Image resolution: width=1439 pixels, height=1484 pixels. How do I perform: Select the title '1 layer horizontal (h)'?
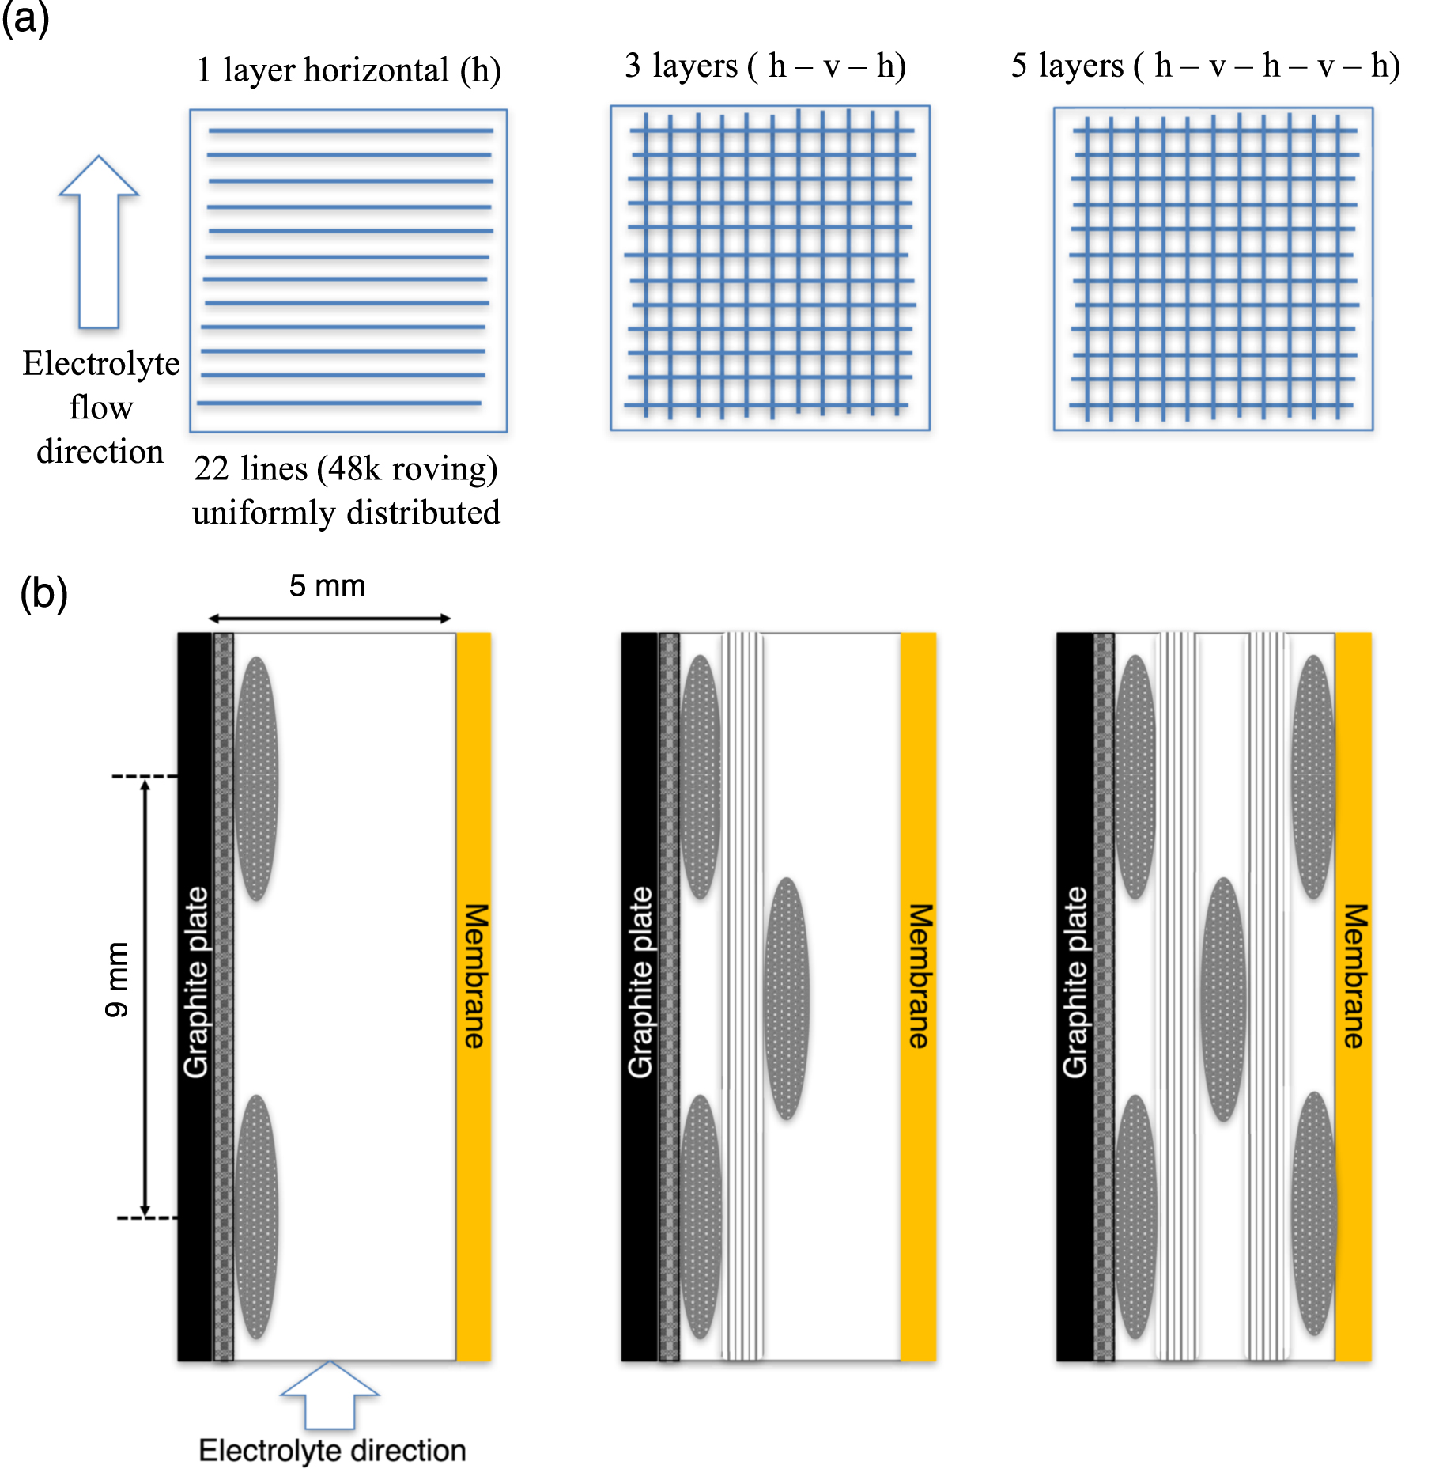[348, 70]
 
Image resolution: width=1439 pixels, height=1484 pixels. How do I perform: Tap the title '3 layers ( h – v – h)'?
[765, 66]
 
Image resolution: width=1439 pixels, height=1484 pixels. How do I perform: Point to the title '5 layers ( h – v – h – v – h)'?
[1205, 66]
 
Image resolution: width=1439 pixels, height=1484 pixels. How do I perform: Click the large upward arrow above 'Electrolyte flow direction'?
[99, 241]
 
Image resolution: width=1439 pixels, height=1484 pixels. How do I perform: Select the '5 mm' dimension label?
[327, 586]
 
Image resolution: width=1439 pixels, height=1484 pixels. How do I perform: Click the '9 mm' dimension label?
[116, 979]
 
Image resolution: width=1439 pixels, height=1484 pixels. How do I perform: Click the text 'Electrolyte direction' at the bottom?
[332, 1451]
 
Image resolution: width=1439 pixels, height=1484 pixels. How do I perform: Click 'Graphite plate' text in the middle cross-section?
[640, 982]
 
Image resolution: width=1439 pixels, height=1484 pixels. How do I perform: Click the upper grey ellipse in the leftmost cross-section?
[256, 778]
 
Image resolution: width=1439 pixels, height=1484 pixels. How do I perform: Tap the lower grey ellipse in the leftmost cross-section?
[256, 1216]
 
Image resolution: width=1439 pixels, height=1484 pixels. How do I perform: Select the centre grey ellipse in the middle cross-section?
[787, 998]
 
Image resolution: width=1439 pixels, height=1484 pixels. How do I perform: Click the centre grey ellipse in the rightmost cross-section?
[1223, 999]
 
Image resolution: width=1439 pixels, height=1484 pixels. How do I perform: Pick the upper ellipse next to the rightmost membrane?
[1313, 777]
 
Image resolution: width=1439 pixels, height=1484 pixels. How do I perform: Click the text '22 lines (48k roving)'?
[346, 468]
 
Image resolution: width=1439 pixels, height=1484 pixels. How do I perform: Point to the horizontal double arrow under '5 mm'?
[330, 619]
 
